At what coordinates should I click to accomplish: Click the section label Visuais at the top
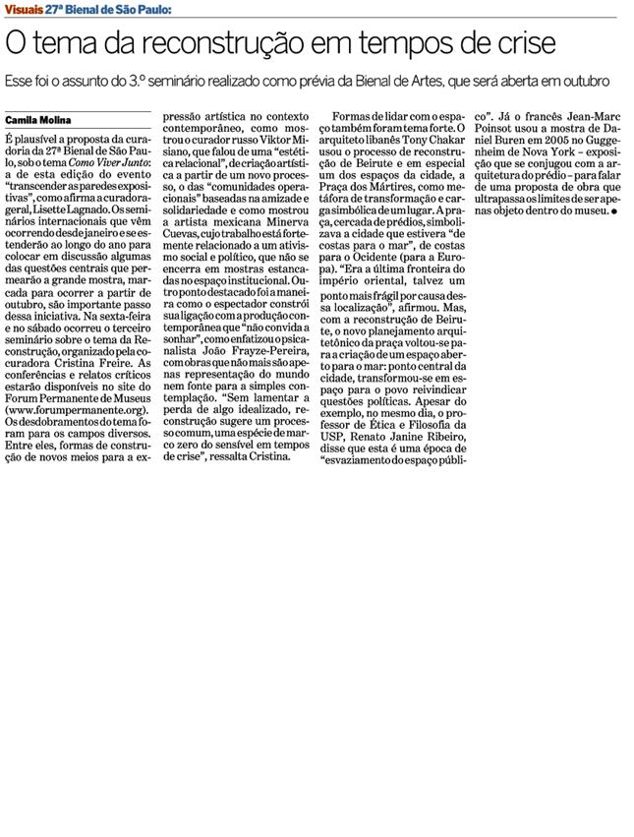click(27, 9)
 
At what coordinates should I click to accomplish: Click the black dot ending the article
click(612, 210)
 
